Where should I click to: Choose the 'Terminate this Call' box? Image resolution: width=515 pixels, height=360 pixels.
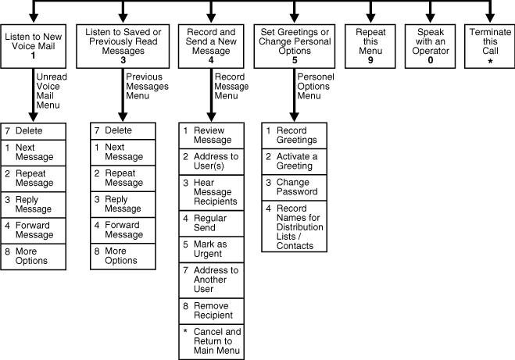489,46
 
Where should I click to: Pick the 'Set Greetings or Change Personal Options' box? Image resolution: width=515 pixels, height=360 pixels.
295,46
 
